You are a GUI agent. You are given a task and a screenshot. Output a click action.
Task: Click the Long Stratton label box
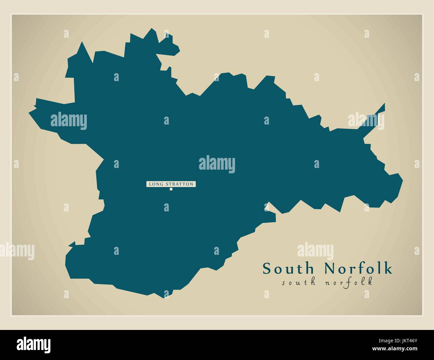pyautogui.click(x=171, y=184)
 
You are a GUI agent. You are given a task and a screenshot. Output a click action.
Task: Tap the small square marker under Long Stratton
pyautogui.click(x=171, y=189)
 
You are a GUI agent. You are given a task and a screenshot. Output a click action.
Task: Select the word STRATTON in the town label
pyautogui.click(x=178, y=184)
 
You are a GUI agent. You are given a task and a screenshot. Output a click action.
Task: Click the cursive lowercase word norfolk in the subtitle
pyautogui.click(x=349, y=282)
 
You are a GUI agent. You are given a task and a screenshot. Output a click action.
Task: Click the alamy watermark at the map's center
pyautogui.click(x=217, y=164)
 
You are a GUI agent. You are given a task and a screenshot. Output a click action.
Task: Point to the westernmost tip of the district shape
pyautogui.click(x=29, y=112)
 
